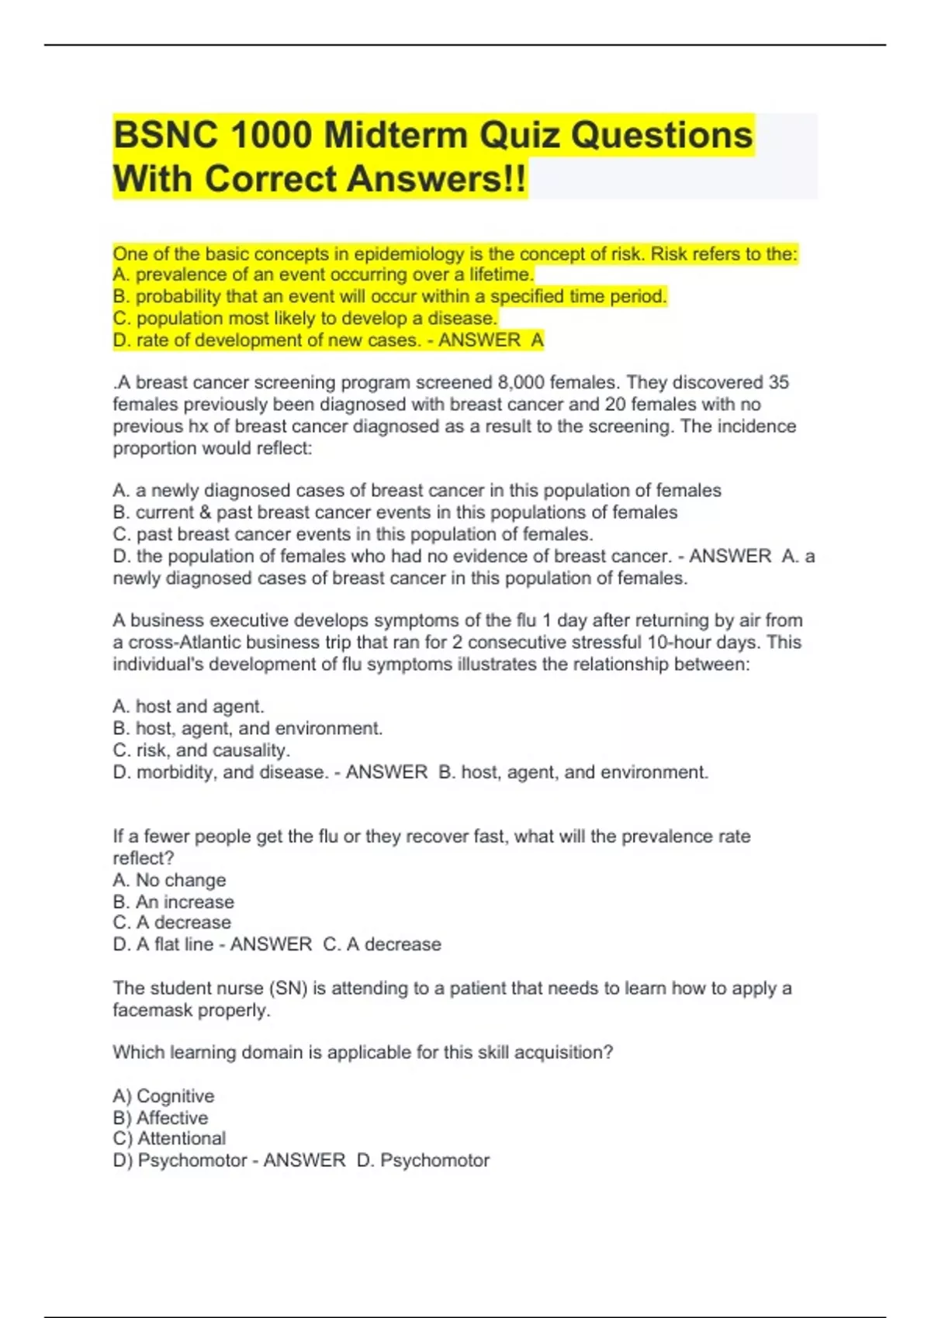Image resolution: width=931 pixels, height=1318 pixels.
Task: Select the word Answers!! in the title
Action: [436, 179]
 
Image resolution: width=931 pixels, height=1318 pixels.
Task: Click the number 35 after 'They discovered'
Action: [778, 382]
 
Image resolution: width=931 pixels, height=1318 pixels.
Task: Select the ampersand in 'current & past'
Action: [206, 512]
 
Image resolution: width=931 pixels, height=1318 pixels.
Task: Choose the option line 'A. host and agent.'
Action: [189, 706]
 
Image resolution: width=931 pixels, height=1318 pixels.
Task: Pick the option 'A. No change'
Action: [169, 880]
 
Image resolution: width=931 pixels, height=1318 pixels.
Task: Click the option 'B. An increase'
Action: [173, 902]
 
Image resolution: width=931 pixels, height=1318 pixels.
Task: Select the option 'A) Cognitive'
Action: [164, 1096]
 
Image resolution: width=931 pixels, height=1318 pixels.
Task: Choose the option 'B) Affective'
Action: [161, 1118]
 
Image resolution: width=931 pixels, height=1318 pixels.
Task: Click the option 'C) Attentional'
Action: [169, 1138]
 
